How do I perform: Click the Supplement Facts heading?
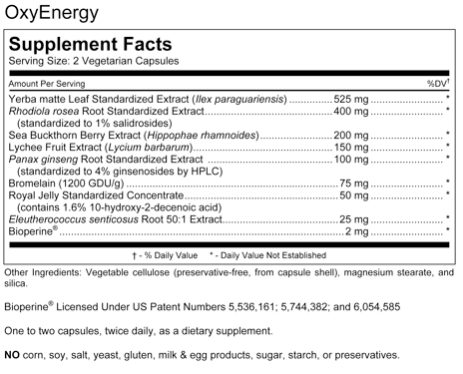pyautogui.click(x=90, y=46)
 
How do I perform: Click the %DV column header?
pyautogui.click(x=439, y=83)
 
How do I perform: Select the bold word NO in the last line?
pyautogui.click(x=13, y=355)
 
